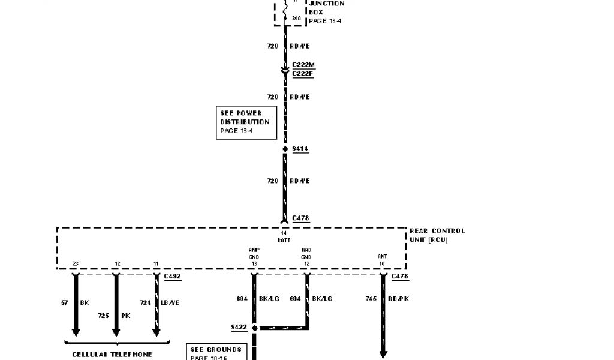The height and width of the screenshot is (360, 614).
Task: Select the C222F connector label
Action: pyautogui.click(x=302, y=74)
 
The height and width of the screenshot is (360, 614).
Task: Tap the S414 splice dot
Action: pyautogui.click(x=285, y=148)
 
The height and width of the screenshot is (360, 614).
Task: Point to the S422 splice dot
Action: pyautogui.click(x=254, y=328)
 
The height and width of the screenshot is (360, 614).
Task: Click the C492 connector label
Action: pyautogui.click(x=172, y=277)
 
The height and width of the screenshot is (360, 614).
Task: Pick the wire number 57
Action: pyautogui.click(x=64, y=303)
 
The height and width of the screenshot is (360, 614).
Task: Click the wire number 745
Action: pyautogui.click(x=370, y=298)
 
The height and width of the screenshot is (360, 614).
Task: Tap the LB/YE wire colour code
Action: pyautogui.click(x=171, y=303)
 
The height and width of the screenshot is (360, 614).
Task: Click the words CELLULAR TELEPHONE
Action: pyautogui.click(x=112, y=354)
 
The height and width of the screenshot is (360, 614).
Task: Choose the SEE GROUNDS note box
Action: pyautogui.click(x=216, y=352)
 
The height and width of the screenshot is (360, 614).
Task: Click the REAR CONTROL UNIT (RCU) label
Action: pyautogui.click(x=437, y=235)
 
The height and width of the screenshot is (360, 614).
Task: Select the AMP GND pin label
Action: pyautogui.click(x=254, y=253)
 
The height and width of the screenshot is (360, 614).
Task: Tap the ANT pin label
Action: pyautogui.click(x=382, y=256)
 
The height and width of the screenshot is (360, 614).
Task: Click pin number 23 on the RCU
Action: pyautogui.click(x=76, y=263)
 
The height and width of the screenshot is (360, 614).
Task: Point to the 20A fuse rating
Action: pyautogui.click(x=296, y=19)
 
